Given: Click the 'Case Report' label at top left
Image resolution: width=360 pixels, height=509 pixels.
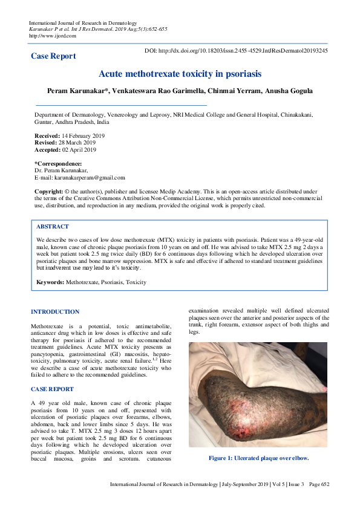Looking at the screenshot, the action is point(53,56).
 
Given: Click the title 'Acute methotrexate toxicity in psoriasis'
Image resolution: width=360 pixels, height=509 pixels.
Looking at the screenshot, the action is point(180,74).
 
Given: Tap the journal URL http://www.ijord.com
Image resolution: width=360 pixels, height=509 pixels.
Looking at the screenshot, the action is point(53,36).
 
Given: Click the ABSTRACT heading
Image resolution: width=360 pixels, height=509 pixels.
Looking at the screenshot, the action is point(52,226).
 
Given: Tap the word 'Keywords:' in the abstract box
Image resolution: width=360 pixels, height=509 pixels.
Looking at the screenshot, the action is point(50,282).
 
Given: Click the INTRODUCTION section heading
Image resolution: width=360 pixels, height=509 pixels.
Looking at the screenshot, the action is point(55,312).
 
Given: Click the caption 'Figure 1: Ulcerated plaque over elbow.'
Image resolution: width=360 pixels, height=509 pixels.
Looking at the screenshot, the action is point(259,458).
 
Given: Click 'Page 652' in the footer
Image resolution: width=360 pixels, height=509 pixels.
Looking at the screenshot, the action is point(318,485).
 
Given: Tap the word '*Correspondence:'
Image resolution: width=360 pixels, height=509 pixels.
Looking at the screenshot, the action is point(58,164).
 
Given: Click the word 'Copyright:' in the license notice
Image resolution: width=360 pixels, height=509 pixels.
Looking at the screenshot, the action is point(48,191).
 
